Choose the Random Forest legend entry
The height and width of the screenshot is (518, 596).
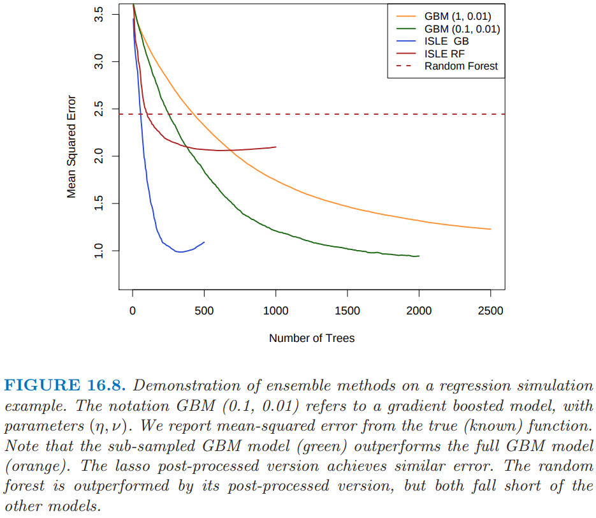click(x=461, y=66)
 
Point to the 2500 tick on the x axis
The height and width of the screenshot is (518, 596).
click(x=490, y=311)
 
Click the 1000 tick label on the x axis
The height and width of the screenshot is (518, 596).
click(x=275, y=311)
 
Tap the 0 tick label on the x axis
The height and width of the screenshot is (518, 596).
click(x=133, y=311)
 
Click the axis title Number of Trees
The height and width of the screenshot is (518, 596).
click(x=312, y=338)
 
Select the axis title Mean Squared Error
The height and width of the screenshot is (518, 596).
click(x=72, y=146)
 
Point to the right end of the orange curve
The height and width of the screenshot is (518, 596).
click(x=490, y=229)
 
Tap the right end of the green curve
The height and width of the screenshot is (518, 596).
click(x=419, y=256)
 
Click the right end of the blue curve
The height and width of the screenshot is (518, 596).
click(x=204, y=242)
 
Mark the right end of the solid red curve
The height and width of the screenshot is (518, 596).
click(x=275, y=147)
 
